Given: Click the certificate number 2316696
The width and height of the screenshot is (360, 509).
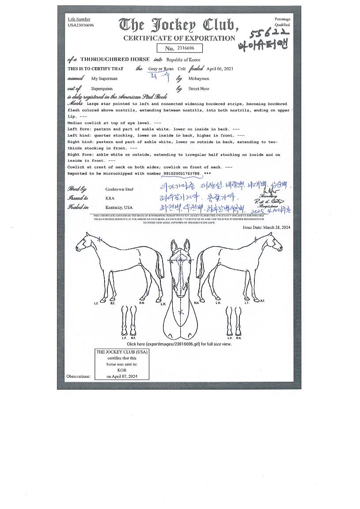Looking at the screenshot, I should pos(186,48).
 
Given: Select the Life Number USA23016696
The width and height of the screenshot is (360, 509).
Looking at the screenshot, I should pos(81,25).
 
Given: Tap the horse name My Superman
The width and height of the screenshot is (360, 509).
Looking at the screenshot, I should pos(104,79).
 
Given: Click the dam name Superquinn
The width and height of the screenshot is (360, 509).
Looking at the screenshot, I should pos(102,89).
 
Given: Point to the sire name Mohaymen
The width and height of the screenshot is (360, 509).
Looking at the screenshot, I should pos(199,79).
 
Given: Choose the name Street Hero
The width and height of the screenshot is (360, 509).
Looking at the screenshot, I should pos(199,89).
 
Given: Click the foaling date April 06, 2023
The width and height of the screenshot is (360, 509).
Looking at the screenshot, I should pos(220,69).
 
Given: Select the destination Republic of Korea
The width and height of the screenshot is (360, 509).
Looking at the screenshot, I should pos(183,60).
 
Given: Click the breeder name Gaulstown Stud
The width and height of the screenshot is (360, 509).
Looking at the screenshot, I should pos(119,189).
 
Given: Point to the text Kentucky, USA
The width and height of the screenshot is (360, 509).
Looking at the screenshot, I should pos(119,208).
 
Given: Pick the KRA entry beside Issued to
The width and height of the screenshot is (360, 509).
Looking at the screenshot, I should pos(110,198).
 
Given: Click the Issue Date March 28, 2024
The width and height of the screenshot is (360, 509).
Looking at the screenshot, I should pos(266,228).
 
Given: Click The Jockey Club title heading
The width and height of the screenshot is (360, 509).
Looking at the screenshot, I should pos(178,25).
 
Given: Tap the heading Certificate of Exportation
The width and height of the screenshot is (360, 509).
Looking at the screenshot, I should pos(179,38).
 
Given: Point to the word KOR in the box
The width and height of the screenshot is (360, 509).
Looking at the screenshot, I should pos(122,370).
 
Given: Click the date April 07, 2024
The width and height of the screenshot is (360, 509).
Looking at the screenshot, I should pos(122,376).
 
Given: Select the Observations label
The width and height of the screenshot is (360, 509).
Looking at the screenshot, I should pos(78,376).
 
